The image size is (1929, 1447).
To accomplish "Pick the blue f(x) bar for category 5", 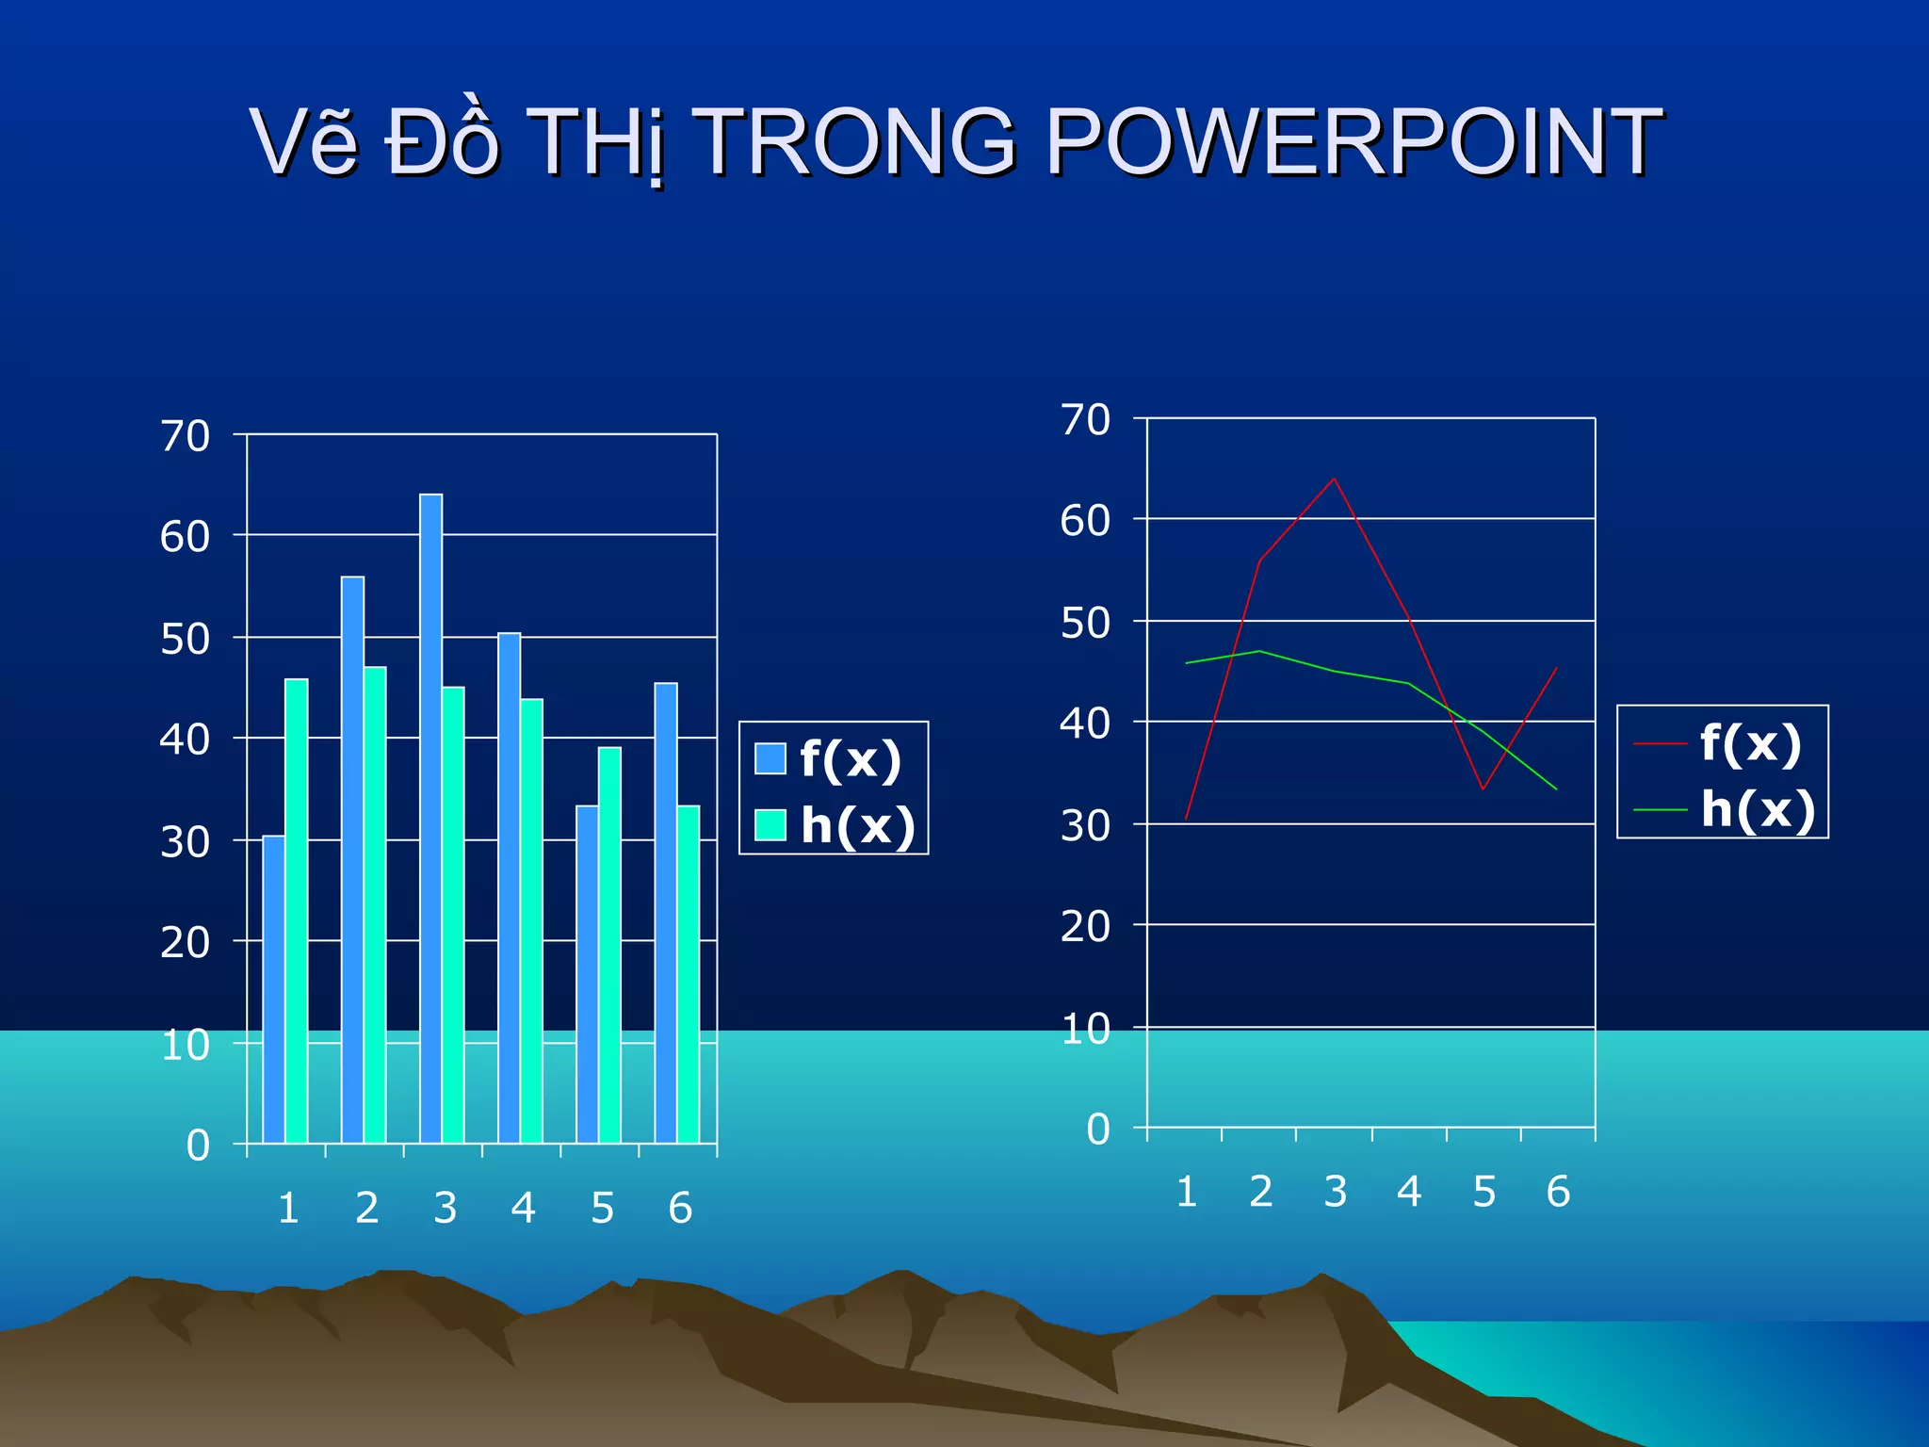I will (x=587, y=974).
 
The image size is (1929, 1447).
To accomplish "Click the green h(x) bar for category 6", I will (x=689, y=974).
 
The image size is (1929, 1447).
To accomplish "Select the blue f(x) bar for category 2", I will (x=352, y=859).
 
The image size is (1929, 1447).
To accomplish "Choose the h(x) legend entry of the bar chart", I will (x=837, y=825).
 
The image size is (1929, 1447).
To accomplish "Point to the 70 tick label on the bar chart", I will (x=185, y=436).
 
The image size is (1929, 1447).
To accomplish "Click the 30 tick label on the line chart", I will (x=1085, y=826).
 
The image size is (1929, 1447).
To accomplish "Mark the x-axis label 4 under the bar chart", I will (x=524, y=1208).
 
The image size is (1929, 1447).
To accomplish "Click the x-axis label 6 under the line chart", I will (x=1558, y=1192).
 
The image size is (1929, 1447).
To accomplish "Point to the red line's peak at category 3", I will (x=1334, y=479).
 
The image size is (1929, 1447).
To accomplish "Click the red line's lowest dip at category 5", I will (x=1483, y=789).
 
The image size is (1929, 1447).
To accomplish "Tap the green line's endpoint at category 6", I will (x=1556, y=789).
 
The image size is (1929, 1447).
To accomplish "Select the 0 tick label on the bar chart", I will (x=198, y=1146).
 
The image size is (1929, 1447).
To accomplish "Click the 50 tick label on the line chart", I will (x=1085, y=623).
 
